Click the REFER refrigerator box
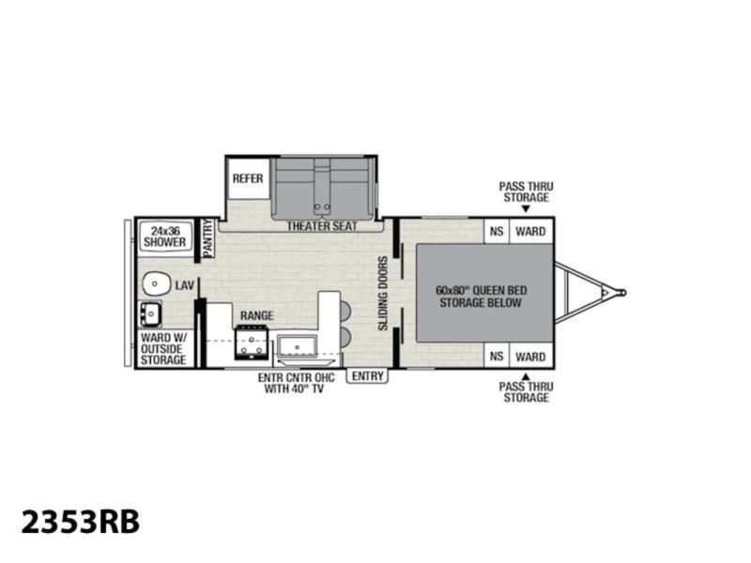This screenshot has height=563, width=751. click(248, 177)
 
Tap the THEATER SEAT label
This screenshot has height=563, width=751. click(322, 226)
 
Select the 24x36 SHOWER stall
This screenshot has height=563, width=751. click(165, 236)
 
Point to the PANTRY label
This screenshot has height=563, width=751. click(207, 238)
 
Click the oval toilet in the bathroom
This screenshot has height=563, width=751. click(157, 283)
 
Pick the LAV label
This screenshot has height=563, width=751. click(184, 285)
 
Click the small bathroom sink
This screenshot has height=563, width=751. click(150, 314)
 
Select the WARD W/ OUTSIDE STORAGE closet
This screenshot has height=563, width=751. click(163, 348)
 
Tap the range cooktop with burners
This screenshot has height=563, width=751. click(251, 342)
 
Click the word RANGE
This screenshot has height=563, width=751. click(256, 315)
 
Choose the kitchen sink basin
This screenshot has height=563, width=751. click(297, 345)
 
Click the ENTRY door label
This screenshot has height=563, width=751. click(367, 376)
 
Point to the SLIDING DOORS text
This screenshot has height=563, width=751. click(383, 294)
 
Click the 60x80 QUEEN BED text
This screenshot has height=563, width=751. click(481, 290)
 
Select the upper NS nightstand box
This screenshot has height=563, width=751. click(497, 231)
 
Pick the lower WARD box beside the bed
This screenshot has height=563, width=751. click(530, 357)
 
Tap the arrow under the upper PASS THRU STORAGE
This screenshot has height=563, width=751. click(526, 208)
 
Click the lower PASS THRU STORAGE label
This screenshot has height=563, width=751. click(526, 392)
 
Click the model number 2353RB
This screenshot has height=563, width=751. click(81, 522)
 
